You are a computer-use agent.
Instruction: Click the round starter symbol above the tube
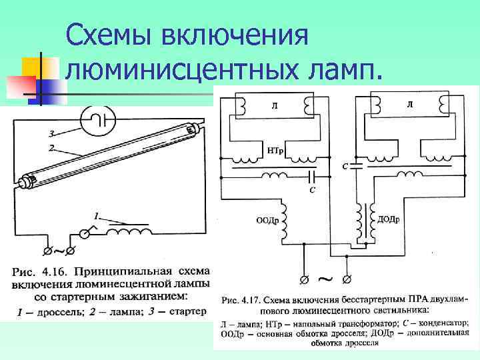(x=99, y=121)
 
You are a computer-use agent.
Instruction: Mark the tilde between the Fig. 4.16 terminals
(x=58, y=252)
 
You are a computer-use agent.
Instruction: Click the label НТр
(x=275, y=151)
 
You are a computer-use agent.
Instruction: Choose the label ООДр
(x=267, y=220)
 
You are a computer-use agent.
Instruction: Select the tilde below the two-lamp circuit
(x=326, y=276)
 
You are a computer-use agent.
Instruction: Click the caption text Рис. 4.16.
(x=39, y=272)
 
